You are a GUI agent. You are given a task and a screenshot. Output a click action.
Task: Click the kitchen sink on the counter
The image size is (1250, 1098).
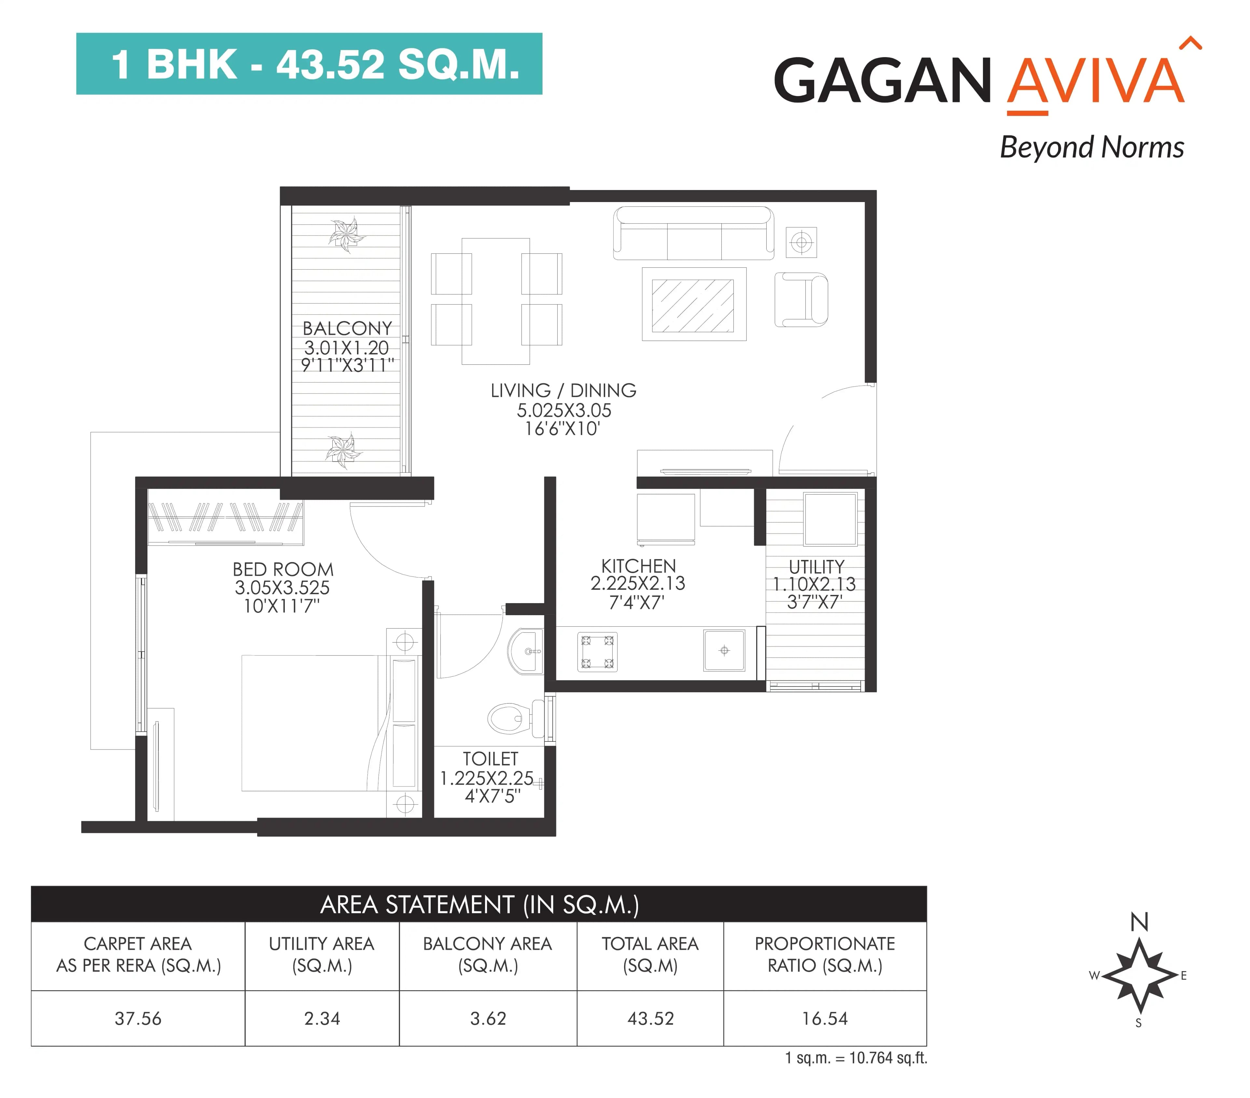click(x=724, y=650)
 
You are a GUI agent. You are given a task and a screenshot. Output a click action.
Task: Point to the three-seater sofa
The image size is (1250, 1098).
click(x=693, y=234)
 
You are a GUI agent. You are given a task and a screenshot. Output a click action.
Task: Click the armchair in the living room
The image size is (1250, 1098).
click(x=801, y=300)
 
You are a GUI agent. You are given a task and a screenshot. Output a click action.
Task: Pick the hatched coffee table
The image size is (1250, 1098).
click(x=693, y=305)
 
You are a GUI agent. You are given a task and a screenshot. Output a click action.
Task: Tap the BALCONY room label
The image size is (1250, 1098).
click(x=347, y=328)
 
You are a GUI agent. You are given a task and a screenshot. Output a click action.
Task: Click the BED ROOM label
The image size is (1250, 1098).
click(x=283, y=569)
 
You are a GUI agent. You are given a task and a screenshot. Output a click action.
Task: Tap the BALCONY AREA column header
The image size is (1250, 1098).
click(x=487, y=954)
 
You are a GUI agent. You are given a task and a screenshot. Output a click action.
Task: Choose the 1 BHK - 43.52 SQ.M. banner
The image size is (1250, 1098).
click(x=309, y=63)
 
